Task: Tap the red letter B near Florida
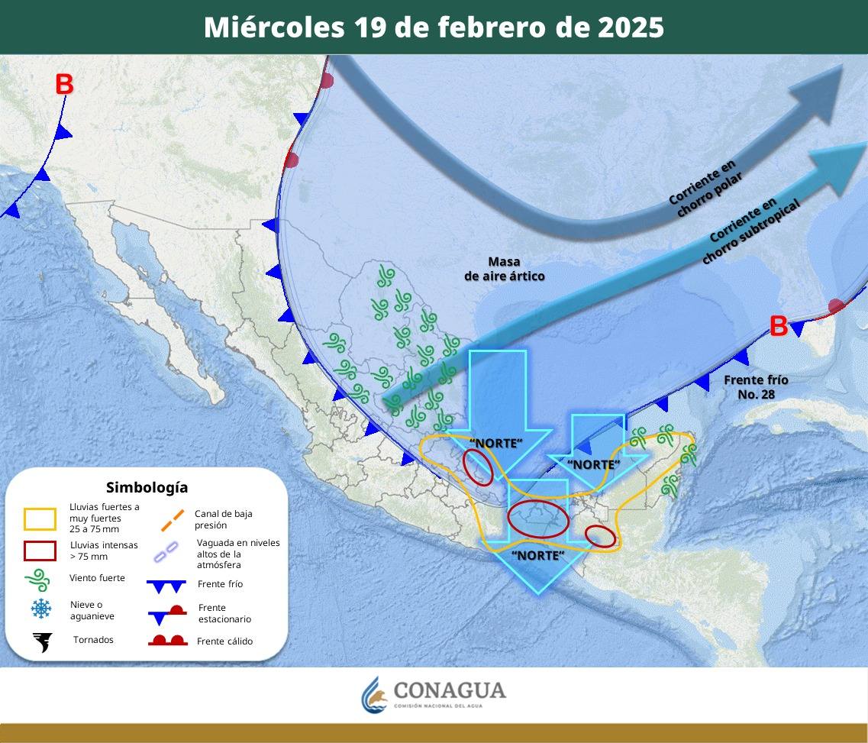pos(778,327)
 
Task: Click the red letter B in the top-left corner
pos(64,85)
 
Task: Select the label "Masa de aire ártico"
pos(505,269)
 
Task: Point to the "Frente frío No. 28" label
pos(756,386)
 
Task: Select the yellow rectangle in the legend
pos(40,519)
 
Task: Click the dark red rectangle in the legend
pos(40,551)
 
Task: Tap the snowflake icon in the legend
pos(40,609)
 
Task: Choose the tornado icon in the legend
pos(42,642)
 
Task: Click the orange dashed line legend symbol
pos(172,519)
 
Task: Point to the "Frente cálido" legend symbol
pos(167,641)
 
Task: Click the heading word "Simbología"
pos(147,487)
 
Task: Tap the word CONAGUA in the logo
pos(450,690)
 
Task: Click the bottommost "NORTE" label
pos(537,555)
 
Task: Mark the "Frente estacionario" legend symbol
pos(167,612)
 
